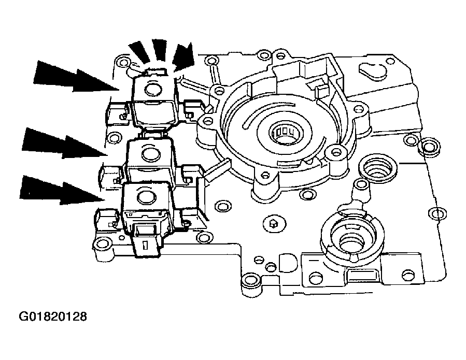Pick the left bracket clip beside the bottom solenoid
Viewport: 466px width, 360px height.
coord(105,219)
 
